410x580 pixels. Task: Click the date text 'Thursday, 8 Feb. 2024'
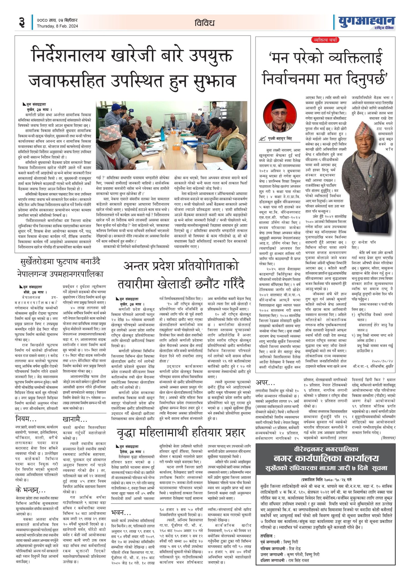(x=57, y=26)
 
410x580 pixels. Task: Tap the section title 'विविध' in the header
(x=204, y=23)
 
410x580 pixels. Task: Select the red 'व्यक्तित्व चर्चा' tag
(x=325, y=40)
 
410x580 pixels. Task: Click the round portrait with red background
(x=280, y=116)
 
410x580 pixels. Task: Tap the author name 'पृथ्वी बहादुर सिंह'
(x=280, y=139)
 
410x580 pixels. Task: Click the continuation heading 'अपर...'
(x=265, y=383)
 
